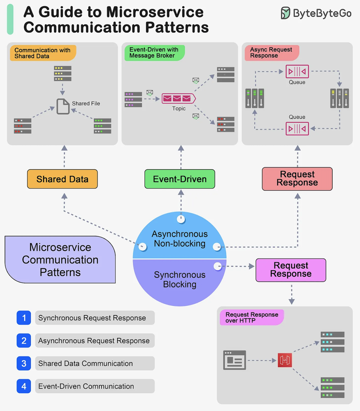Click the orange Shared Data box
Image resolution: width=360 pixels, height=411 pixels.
[63, 179]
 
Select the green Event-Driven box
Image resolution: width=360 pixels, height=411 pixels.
[180, 179]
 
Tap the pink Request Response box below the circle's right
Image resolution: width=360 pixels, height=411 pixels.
[291, 270]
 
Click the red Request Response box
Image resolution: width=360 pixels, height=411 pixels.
[297, 179]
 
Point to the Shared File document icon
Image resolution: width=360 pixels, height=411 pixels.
[63, 106]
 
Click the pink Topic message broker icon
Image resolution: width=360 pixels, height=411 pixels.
[179, 98]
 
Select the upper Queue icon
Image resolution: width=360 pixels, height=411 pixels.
[297, 71]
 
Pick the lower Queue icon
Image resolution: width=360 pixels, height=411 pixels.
[297, 128]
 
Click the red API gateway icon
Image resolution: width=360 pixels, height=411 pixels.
[285, 360]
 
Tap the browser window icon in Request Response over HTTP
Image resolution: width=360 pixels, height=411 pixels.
[235, 360]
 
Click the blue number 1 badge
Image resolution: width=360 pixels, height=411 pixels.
[24, 318]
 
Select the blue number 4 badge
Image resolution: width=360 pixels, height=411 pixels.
[24, 386]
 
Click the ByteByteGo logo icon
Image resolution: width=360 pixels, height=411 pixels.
[285, 13]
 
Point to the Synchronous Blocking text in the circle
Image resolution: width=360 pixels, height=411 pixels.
[180, 279]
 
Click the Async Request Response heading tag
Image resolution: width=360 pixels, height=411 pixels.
[272, 53]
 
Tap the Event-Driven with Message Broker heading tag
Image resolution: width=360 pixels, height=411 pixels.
[155, 53]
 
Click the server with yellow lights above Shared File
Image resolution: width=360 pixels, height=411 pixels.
[63, 74]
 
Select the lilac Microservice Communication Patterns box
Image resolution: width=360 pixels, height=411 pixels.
[60, 259]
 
